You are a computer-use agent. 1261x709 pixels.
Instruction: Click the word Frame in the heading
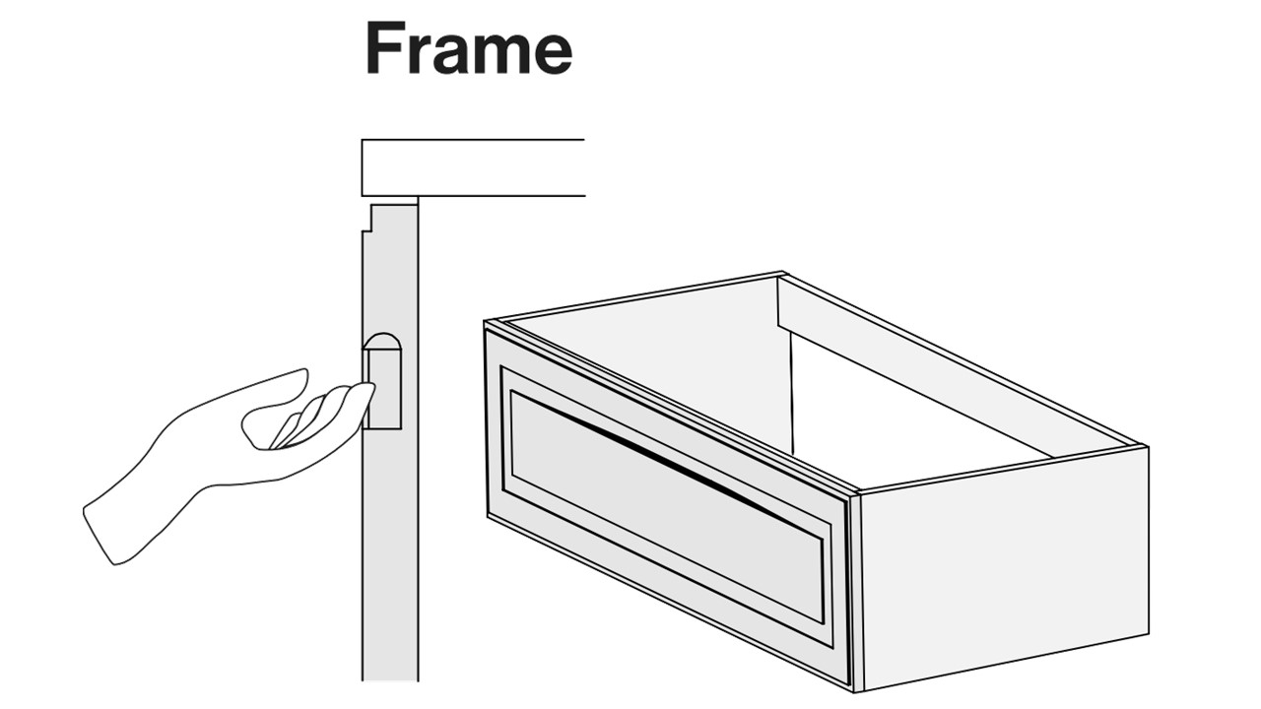coord(469,48)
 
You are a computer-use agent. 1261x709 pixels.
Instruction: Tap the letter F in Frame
coord(384,48)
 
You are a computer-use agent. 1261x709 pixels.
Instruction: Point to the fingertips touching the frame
coord(365,394)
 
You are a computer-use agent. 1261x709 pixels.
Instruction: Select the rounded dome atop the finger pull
coord(382,342)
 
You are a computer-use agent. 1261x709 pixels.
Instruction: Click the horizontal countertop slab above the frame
coord(473,167)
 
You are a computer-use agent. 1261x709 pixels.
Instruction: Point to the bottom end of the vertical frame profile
coord(390,679)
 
